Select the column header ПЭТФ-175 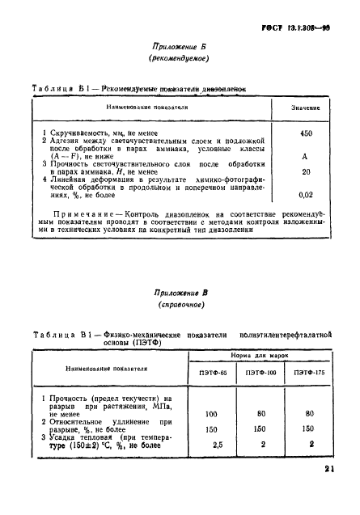point(310,373)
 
